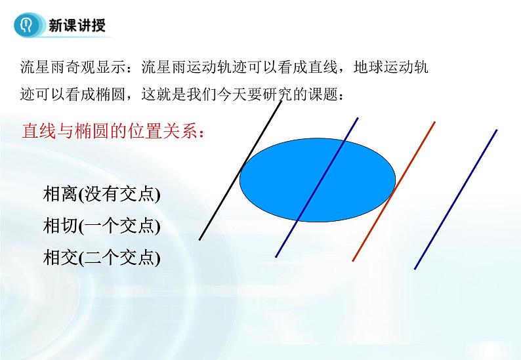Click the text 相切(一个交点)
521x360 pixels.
(102, 226)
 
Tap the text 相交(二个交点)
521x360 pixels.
(102, 258)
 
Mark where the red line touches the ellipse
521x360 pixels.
(392, 192)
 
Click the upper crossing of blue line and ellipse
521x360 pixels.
(344, 140)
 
